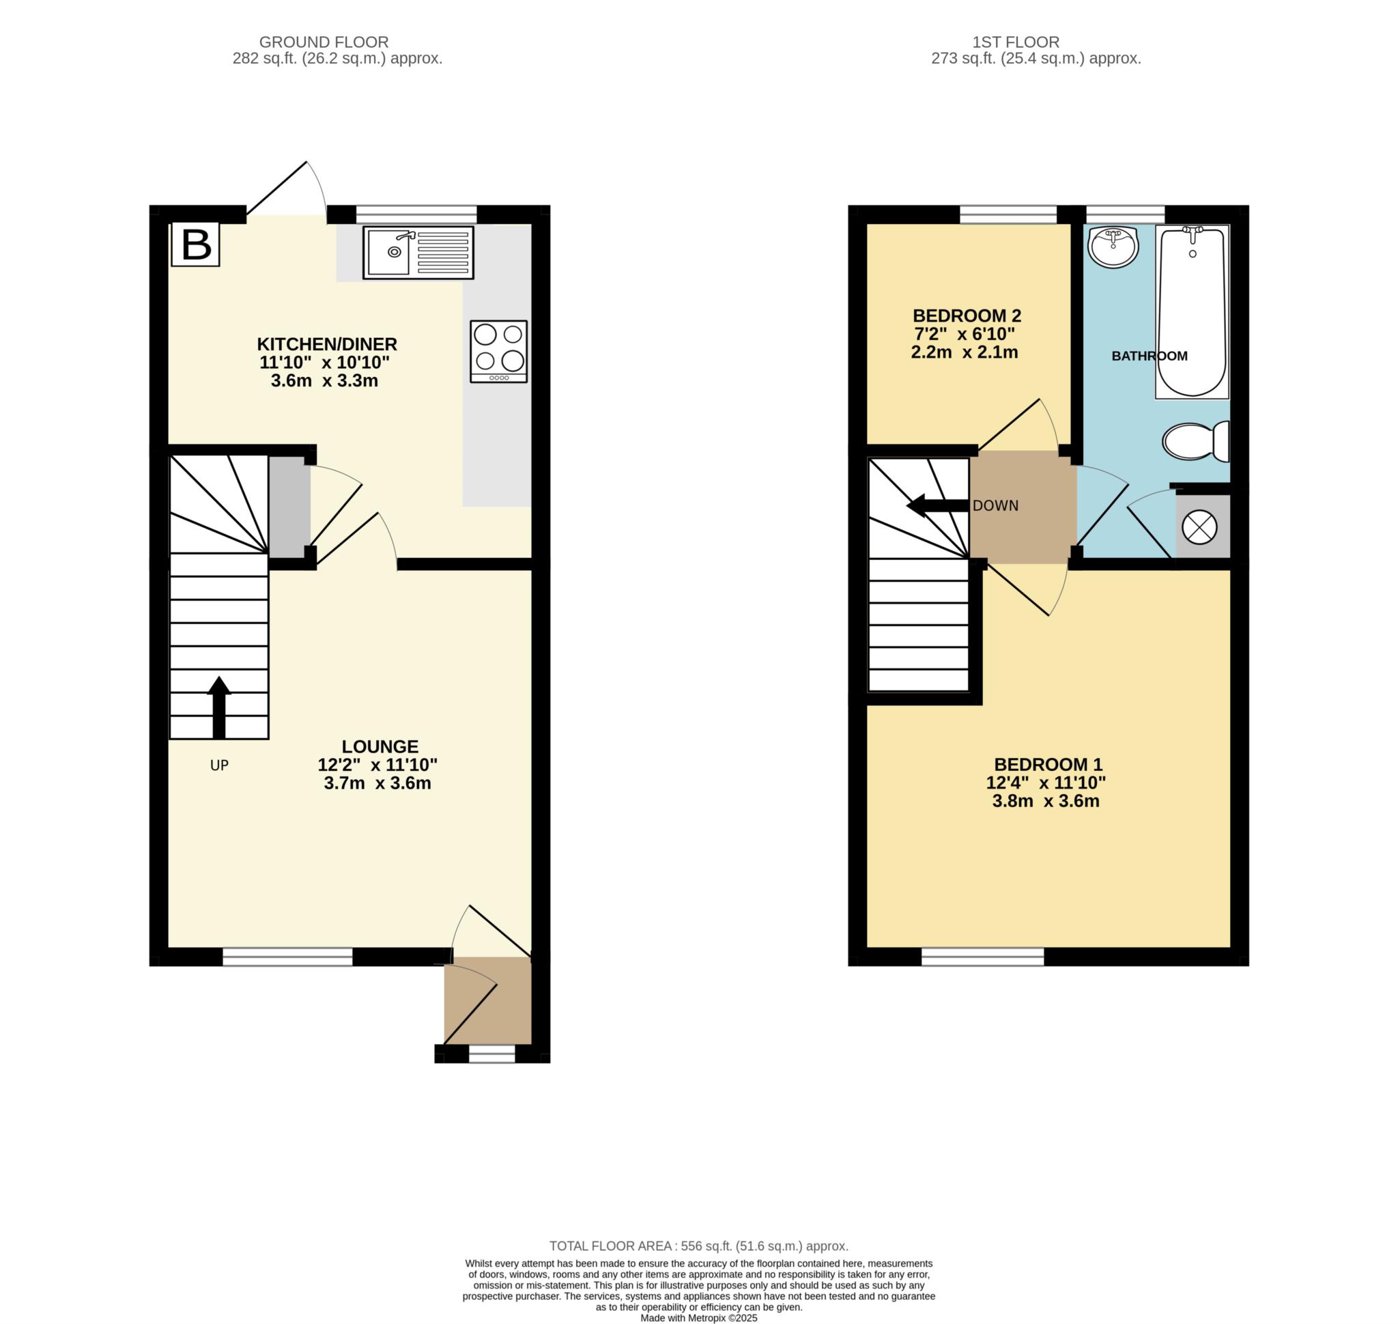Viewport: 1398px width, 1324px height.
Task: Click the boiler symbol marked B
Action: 195,245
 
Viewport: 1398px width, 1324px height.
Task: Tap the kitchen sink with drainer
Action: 418,252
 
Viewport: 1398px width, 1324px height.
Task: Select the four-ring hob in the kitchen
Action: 498,352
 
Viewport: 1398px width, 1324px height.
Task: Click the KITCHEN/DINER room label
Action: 327,344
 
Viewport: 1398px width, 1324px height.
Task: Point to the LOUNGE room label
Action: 380,747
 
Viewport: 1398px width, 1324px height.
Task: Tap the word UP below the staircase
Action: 220,765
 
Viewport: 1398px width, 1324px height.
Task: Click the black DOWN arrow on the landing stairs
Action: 936,505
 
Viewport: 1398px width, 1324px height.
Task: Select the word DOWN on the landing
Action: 995,506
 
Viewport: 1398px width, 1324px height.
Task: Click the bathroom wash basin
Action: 1113,247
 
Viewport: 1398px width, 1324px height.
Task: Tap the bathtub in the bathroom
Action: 1192,311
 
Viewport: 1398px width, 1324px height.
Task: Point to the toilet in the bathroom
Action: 1195,441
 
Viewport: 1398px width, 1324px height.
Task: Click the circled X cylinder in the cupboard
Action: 1199,528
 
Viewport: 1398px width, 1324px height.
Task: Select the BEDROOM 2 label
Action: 966,315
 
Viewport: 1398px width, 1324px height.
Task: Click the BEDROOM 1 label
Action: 1048,764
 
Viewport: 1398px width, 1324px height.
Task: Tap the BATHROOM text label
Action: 1149,356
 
